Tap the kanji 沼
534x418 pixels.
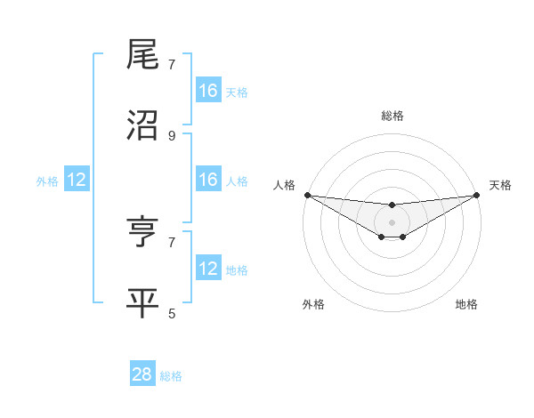click(x=143, y=125)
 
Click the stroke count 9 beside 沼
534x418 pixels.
click(x=172, y=136)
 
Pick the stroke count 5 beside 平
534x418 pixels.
click(x=172, y=313)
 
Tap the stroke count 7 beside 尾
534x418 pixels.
click(x=172, y=65)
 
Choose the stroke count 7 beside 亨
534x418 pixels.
click(x=172, y=242)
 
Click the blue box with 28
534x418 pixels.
click(x=142, y=374)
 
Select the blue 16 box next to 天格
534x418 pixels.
click(x=208, y=91)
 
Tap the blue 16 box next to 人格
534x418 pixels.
click(x=208, y=180)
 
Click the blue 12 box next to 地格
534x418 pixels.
click(x=208, y=269)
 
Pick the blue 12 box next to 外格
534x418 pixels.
click(x=77, y=180)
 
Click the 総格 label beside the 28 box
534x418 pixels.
click(x=171, y=376)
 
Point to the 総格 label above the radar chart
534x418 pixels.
click(x=392, y=116)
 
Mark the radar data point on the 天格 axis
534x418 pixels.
click(x=477, y=196)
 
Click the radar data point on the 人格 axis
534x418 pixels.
click(x=307, y=195)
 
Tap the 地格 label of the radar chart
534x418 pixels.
click(x=466, y=304)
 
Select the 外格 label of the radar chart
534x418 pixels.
click(x=313, y=304)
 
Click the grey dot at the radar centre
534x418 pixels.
click(x=392, y=221)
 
